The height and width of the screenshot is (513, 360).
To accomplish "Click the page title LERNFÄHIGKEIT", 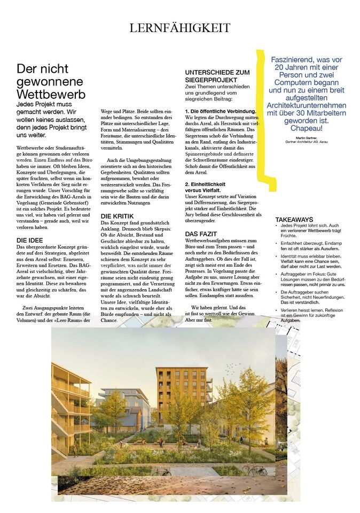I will click(x=180, y=28).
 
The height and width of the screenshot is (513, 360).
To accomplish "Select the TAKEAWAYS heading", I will click(x=294, y=220).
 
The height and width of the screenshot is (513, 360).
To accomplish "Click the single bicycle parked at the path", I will click(x=160, y=472).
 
